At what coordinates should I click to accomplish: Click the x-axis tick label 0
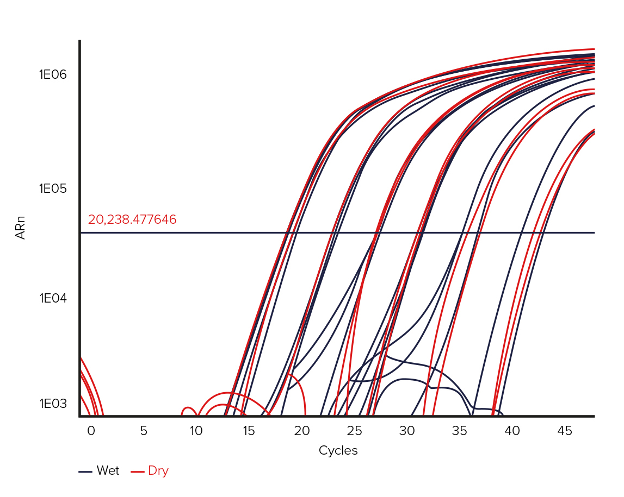coord(91,431)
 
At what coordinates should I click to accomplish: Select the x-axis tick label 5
coord(144,431)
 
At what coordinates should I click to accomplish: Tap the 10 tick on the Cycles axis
coord(196,431)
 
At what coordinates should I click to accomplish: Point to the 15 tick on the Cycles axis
coord(249,431)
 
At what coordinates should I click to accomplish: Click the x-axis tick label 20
coord(301,431)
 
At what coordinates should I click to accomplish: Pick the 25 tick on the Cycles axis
coord(354,431)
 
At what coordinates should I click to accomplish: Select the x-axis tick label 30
coord(407,431)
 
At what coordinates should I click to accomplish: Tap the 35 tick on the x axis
coord(460,431)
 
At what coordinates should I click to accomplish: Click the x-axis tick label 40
coord(512,431)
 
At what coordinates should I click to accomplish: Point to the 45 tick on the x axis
coord(565,431)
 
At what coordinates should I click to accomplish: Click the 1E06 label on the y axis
coord(53,74)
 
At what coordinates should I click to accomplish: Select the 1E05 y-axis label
coord(53,189)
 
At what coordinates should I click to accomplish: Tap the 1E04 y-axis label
coord(53,298)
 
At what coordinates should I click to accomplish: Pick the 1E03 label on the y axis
coord(53,404)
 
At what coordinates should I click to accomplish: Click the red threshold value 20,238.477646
coord(132,220)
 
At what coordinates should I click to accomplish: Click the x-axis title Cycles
coord(338,451)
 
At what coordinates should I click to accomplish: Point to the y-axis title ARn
coord(21,228)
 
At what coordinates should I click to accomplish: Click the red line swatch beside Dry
coord(138,471)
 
